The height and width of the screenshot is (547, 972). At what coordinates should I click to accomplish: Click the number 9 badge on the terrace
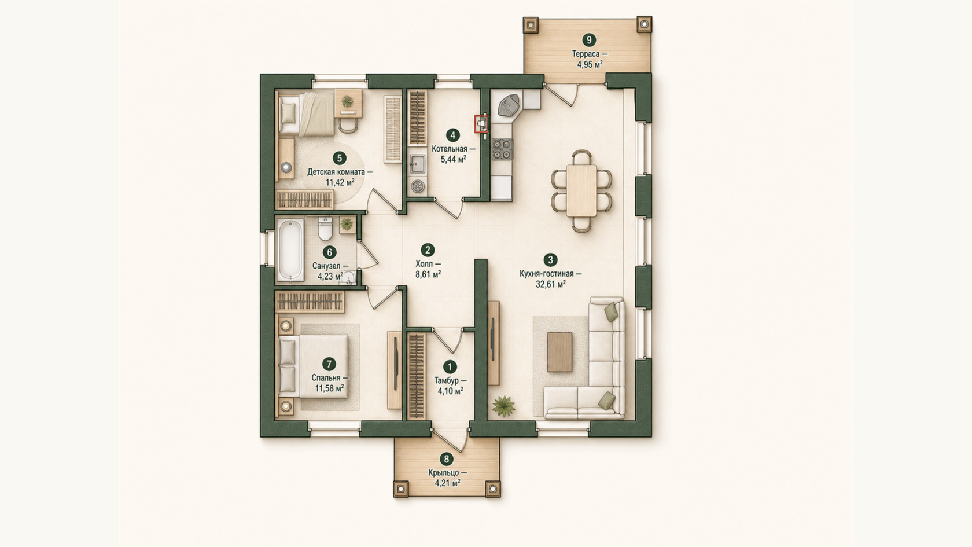(x=589, y=40)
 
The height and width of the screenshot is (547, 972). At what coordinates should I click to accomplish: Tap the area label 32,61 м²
(x=551, y=284)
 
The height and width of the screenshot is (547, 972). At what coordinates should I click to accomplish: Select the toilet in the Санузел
(x=325, y=228)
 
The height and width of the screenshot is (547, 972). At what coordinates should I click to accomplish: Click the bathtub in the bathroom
(x=290, y=250)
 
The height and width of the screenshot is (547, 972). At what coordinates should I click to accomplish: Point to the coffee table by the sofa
(x=560, y=352)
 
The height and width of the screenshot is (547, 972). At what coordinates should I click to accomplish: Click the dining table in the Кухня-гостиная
(x=581, y=190)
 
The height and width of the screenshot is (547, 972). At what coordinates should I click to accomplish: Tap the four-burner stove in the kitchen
(x=502, y=149)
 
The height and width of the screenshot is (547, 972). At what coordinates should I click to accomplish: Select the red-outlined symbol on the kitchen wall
(x=481, y=124)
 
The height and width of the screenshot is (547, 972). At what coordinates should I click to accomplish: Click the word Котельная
(x=450, y=149)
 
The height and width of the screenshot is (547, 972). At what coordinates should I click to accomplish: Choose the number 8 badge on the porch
(x=446, y=459)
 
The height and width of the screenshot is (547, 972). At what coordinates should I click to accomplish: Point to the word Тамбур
(x=447, y=381)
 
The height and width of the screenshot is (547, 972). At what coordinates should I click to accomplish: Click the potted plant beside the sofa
(x=504, y=406)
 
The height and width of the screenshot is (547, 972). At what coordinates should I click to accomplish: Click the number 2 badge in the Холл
(x=428, y=249)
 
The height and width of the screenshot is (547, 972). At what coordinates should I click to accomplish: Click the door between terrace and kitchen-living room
(x=561, y=95)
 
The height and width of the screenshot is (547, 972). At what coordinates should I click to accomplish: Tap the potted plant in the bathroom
(x=347, y=225)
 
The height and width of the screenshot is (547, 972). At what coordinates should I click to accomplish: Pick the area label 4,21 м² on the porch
(x=447, y=483)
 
